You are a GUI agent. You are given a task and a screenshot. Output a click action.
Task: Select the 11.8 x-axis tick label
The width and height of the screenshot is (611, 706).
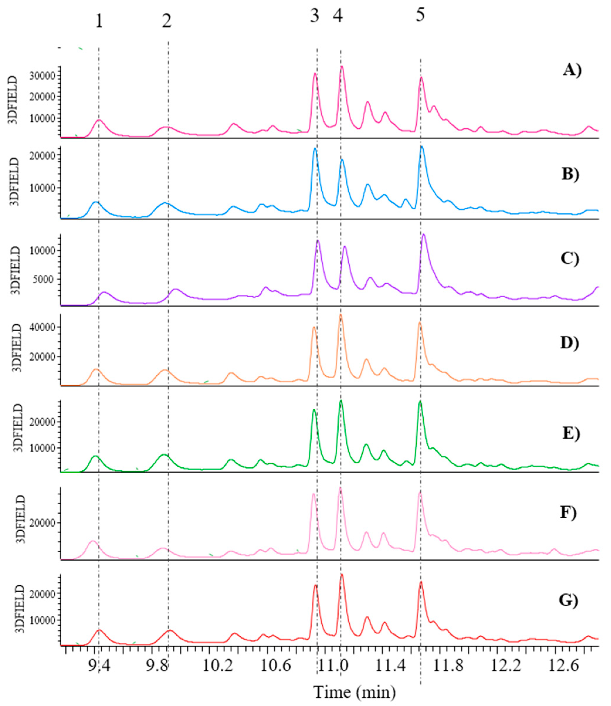click(448, 664)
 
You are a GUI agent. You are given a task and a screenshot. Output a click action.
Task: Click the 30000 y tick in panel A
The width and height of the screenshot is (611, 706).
click(42, 76)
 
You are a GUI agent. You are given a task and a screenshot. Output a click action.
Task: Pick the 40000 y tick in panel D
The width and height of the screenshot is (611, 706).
click(42, 327)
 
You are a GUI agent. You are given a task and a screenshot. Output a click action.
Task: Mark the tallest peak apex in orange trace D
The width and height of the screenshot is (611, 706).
click(341, 315)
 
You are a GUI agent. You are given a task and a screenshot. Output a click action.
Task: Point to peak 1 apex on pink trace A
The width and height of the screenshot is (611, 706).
click(99, 120)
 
